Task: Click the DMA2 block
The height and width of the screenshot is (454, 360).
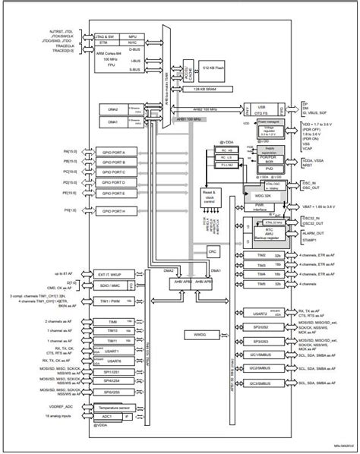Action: (x=114, y=109)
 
